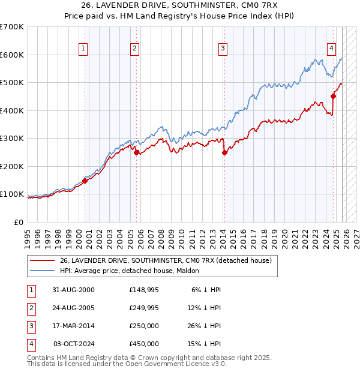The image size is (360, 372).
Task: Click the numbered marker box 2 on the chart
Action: (x=135, y=49)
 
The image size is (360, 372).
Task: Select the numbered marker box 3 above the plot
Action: (x=223, y=49)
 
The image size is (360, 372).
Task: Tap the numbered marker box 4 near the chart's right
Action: (x=331, y=49)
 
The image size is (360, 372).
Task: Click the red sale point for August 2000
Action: (x=85, y=181)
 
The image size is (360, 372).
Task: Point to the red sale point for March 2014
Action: (x=224, y=152)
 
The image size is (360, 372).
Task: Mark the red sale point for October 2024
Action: (x=333, y=96)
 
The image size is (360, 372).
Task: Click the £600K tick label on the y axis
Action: (x=12, y=55)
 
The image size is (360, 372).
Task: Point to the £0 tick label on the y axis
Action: (x=19, y=222)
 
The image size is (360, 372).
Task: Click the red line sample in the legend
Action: (x=42, y=261)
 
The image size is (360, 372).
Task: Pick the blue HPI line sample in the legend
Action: (x=42, y=271)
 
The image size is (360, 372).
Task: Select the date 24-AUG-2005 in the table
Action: (x=73, y=308)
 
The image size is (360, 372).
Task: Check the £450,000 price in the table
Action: (x=144, y=344)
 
